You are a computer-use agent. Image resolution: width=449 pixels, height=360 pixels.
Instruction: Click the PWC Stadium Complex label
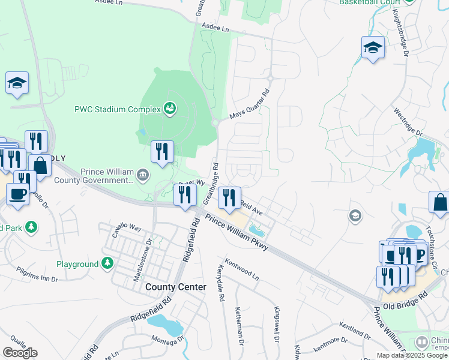117,109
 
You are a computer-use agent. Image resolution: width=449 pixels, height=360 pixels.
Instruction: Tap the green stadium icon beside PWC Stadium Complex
170,109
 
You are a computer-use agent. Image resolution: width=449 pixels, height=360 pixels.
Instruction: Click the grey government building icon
143,175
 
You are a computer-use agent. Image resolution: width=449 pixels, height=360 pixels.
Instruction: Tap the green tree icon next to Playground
107,263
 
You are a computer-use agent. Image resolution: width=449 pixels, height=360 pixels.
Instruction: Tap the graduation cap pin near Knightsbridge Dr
373,47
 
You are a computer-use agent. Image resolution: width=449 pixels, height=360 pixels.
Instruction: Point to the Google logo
20,353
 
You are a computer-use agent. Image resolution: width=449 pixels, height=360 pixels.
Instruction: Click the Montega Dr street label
167,340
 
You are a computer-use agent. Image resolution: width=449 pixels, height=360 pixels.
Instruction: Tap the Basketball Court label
370,2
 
